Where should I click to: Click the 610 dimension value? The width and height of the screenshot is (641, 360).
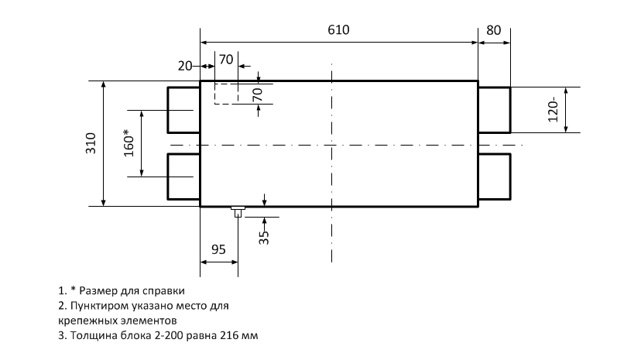[338, 30]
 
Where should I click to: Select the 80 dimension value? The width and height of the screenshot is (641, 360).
[494, 30]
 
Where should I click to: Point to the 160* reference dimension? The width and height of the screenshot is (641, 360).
[129, 142]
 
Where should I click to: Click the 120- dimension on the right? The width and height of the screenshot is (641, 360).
[552, 110]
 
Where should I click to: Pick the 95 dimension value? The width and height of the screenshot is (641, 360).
[218, 250]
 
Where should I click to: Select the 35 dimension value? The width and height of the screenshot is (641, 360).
[263, 237]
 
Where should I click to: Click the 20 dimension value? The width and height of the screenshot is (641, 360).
[184, 67]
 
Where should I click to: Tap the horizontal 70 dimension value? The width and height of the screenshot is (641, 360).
[226, 59]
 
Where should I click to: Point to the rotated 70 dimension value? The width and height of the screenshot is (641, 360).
[258, 94]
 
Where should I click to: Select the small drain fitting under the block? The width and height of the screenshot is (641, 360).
[238, 210]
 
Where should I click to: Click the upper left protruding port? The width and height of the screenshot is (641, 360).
[183, 110]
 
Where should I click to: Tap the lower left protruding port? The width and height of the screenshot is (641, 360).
[183, 177]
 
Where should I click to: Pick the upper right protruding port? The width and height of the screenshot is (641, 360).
[494, 110]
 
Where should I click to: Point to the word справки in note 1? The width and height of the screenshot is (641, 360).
[166, 291]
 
